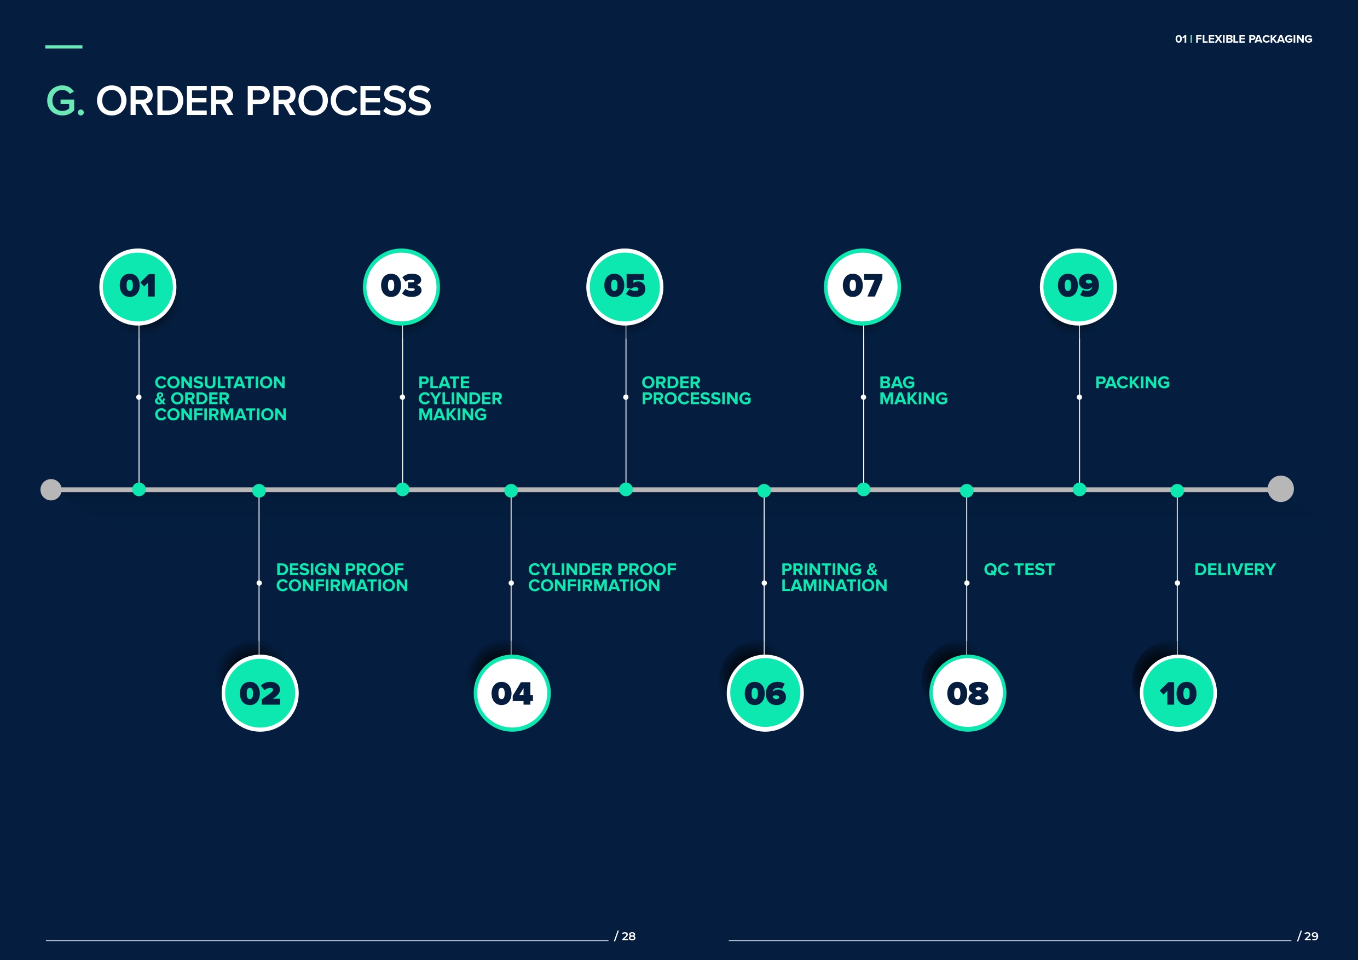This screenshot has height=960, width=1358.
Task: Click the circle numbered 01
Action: coord(138,287)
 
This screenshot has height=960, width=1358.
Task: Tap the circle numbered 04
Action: coord(512,693)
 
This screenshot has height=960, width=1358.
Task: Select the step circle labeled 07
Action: coord(862,287)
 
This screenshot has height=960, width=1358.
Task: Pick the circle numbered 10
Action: coord(1177,693)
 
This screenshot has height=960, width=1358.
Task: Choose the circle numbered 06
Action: coord(765,693)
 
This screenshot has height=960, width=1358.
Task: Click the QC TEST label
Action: coord(1019,570)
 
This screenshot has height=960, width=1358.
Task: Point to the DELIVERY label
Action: coord(1234,570)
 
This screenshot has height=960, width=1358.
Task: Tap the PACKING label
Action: coord(1132,383)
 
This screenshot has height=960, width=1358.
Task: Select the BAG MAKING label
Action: coord(912,390)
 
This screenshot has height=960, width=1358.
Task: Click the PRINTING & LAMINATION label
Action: coord(834,577)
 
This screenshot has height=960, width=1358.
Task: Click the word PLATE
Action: coord(443,383)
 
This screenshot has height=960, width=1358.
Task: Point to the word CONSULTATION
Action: coord(220,383)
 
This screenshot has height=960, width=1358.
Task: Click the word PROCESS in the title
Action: coord(338,101)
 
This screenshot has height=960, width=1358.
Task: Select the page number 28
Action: coord(628,936)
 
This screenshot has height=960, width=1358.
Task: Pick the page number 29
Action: coord(1311,936)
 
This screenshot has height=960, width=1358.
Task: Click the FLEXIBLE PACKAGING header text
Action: coord(1253,39)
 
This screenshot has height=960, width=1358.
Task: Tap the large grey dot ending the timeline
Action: coord(1280,489)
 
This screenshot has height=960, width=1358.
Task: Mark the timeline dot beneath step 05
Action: coord(626,490)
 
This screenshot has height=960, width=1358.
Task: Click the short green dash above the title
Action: coord(64,47)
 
